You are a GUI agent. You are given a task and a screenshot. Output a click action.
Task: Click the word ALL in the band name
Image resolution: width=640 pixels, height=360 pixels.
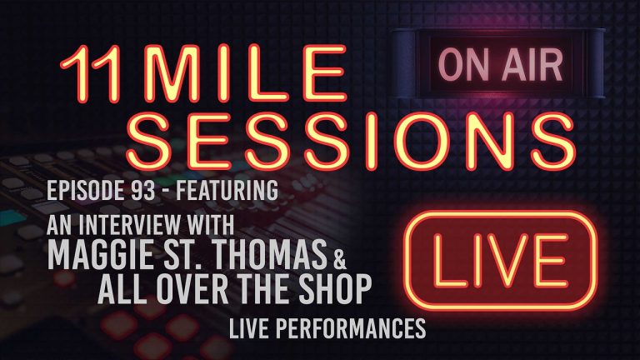pos(126,287)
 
